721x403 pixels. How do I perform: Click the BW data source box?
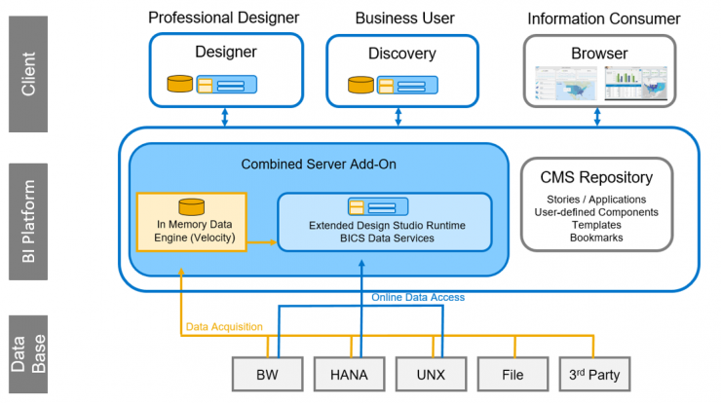(267, 374)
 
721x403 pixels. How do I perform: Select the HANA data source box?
(349, 374)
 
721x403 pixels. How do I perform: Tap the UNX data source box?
(431, 374)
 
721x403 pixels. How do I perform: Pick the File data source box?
(512, 374)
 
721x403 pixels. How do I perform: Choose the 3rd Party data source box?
(594, 374)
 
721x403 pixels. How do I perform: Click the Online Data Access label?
(418, 297)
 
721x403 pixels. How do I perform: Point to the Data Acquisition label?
(224, 327)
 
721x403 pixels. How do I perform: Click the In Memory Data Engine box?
(192, 222)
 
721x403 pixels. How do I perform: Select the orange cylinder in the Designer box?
(180, 84)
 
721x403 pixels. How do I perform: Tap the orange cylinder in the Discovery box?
(360, 85)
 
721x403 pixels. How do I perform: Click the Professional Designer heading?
(223, 18)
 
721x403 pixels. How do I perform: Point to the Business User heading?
(404, 18)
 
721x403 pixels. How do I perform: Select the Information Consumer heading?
(604, 18)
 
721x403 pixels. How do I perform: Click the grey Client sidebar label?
(28, 74)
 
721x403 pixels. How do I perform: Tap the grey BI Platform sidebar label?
(28, 222)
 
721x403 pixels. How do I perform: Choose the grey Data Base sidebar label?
(28, 353)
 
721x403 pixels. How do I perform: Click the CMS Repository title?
(596, 177)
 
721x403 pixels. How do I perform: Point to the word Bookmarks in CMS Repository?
(596, 238)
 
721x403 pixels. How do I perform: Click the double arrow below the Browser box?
(597, 117)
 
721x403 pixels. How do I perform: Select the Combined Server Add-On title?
(319, 165)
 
